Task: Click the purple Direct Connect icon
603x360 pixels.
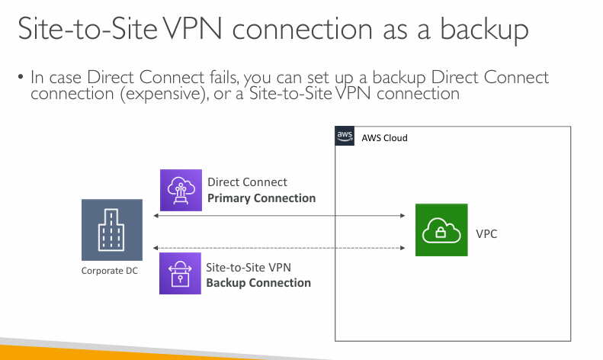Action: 181,190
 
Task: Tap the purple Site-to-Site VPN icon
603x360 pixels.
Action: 181,273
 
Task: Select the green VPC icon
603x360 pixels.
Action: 441,230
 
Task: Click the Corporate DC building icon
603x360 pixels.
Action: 111,230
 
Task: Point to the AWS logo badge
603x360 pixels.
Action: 345,137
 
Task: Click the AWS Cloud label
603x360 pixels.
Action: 384,138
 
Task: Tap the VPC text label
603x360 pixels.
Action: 486,233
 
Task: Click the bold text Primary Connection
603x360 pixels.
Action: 261,198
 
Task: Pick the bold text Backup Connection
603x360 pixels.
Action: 258,283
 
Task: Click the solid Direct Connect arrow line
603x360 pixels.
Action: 279,217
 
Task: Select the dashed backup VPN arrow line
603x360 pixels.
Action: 279,248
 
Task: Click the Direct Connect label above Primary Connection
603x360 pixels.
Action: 247,182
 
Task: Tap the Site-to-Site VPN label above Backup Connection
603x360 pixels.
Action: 249,268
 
